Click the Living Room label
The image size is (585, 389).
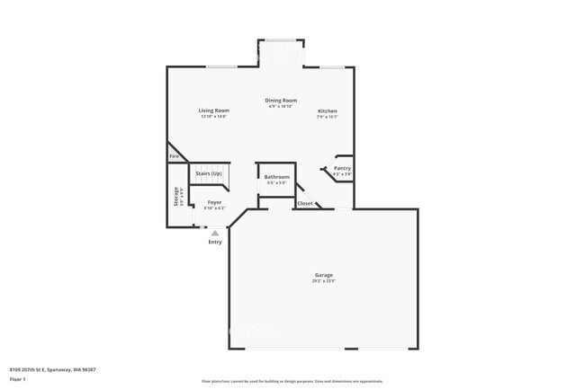pos(213,111)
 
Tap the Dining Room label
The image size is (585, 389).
pos(281,100)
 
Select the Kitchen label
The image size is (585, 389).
pos(327,111)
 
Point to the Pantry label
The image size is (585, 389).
pos(342,168)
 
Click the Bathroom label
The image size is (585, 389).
pos(276,177)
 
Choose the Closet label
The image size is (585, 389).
pos(305,204)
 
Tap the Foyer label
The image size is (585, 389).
pos(214,202)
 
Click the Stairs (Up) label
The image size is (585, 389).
pos(209,172)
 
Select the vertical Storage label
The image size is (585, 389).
pos(176,197)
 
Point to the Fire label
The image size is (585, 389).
pos(174,156)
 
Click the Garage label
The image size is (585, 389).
pos(324,275)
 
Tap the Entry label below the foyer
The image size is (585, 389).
pos(215,242)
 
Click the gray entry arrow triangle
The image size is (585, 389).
pos(215,233)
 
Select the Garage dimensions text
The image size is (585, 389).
pos(324,282)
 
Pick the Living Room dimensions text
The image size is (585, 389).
pos(213,117)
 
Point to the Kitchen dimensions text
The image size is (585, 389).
pos(327,117)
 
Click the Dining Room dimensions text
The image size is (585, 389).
pos(281,106)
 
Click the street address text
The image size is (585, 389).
pos(53,369)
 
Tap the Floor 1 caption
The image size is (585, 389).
pos(17,379)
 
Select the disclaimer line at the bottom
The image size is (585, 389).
pos(292,381)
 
